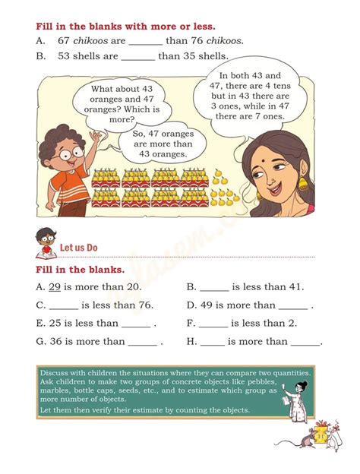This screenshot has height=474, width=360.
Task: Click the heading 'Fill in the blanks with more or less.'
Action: click(x=125, y=26)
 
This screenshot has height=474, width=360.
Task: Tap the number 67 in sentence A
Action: click(x=64, y=41)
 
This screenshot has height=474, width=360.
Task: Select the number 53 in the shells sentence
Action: click(x=64, y=56)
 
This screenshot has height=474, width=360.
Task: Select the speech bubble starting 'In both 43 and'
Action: click(x=250, y=96)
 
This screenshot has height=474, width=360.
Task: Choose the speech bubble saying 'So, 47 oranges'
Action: click(x=159, y=142)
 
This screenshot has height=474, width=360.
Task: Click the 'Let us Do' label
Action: click(x=78, y=248)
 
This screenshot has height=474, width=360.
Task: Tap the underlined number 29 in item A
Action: click(x=55, y=287)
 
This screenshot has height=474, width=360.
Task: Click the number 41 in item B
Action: click(x=296, y=287)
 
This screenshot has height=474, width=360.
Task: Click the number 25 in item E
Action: click(x=55, y=324)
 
